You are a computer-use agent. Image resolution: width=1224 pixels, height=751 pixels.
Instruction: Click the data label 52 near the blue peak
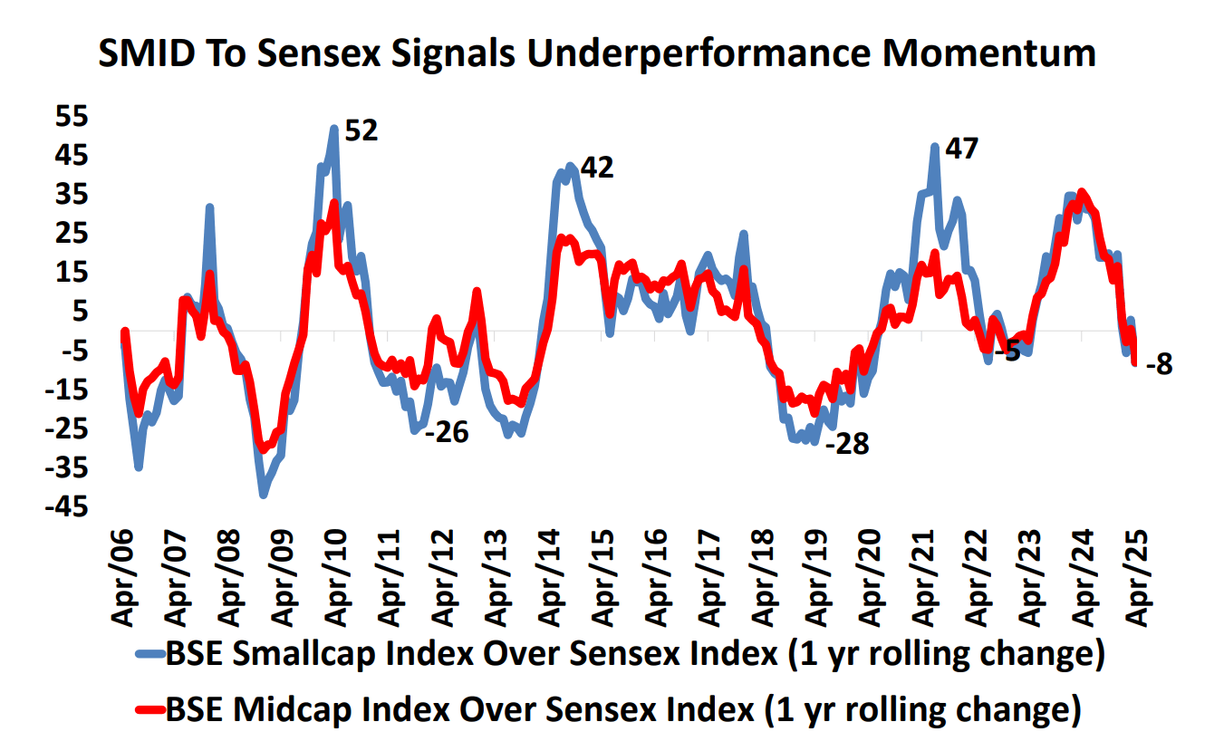coord(361,131)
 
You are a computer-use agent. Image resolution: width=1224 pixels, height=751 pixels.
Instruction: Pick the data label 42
coord(597,168)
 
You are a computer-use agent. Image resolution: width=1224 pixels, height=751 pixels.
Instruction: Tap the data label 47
coord(961,149)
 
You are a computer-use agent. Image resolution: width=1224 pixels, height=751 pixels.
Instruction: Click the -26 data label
coord(448,432)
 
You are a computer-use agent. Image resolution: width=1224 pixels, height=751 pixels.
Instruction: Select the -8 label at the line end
coord(1159,367)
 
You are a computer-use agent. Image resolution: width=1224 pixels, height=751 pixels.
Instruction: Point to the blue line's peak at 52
coord(334,130)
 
